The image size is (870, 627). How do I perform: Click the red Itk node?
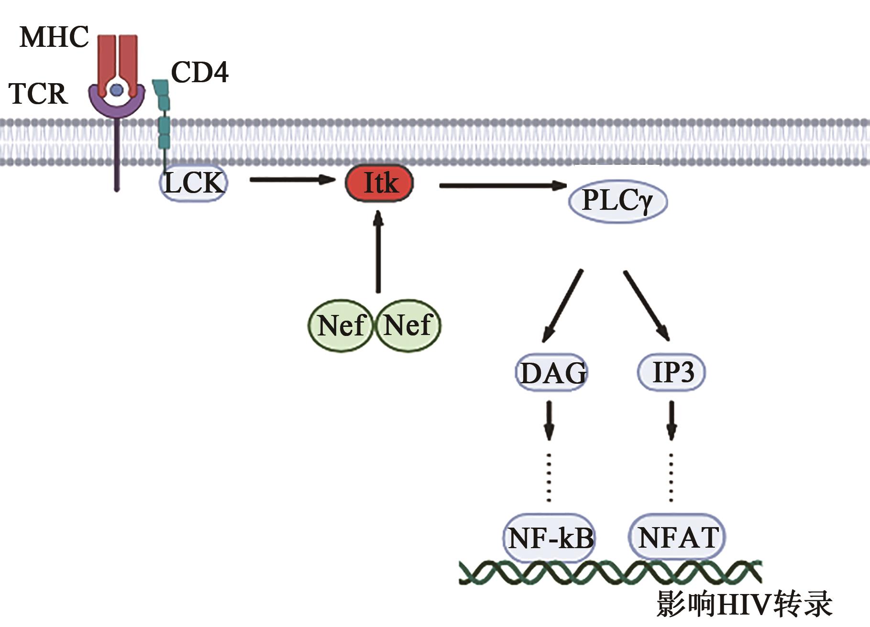[379, 183]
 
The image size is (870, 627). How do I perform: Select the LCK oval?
[194, 183]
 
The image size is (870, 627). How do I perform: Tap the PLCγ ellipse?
[617, 201]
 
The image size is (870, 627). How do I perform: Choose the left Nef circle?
[340, 325]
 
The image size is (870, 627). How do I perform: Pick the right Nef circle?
[408, 325]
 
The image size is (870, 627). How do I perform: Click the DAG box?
[552, 373]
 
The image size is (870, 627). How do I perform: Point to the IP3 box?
[672, 372]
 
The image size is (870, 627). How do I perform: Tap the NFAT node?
[678, 537]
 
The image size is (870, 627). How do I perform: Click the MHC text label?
[54, 37]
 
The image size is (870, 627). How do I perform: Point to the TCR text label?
[38, 93]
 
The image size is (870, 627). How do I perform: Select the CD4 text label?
[200, 73]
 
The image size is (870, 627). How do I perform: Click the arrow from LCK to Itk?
[292, 180]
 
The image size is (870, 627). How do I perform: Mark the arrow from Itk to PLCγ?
[502, 185]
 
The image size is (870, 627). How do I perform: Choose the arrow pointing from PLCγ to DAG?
[562, 306]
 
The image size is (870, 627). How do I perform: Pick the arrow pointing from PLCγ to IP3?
[646, 305]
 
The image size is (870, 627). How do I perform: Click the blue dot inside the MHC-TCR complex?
[116, 89]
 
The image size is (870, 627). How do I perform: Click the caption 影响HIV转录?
[744, 605]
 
